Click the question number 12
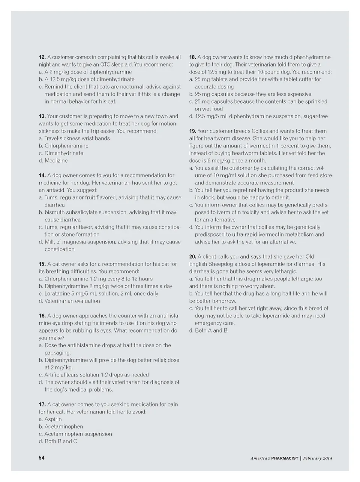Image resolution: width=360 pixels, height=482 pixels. [x=42, y=57]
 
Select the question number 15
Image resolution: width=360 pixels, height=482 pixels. [x=42, y=264]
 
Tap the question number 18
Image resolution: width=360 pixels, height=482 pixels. [x=192, y=57]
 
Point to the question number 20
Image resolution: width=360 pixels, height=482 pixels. [x=192, y=256]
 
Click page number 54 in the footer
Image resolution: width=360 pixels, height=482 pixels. [x=42, y=458]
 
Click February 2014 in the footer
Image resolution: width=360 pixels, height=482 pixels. [x=318, y=458]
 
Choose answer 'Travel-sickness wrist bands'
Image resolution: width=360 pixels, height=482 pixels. [x=77, y=138]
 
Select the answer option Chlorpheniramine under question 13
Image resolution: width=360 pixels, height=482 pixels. [x=66, y=146]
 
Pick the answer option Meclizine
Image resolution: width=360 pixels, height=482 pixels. [x=56, y=160]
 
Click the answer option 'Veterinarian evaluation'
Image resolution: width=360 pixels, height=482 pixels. [x=72, y=301]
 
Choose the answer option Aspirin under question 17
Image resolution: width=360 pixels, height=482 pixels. [x=53, y=419]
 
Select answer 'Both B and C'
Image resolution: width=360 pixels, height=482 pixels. [x=60, y=441]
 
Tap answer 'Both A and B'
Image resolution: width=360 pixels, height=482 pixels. [x=211, y=330]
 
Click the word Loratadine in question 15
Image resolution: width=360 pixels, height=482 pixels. [x=58, y=294]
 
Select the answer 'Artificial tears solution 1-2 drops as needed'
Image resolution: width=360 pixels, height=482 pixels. [x=96, y=375]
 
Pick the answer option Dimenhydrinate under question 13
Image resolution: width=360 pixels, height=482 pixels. [x=64, y=153]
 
